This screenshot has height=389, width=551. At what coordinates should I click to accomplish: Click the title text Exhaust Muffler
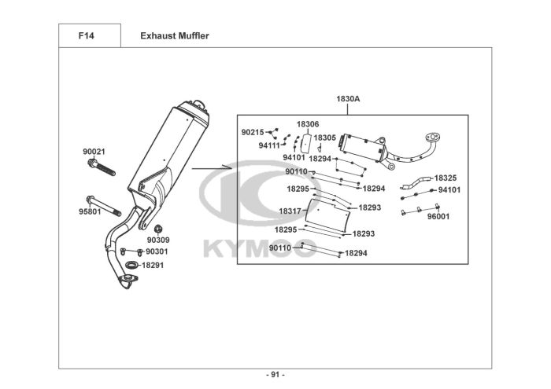[175, 36]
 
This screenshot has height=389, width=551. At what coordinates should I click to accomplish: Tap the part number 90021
[94, 151]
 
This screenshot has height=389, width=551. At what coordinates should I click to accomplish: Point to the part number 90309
[157, 240]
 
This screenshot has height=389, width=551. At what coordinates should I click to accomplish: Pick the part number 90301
[157, 251]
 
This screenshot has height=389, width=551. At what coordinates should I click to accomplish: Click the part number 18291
[153, 266]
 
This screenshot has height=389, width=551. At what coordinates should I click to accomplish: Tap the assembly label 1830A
[348, 100]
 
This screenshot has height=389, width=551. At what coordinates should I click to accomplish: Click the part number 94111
[269, 145]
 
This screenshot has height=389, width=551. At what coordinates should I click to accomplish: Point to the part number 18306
[308, 125]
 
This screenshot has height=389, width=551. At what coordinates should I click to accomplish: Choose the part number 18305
[324, 138]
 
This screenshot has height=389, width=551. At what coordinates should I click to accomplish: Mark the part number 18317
[290, 211]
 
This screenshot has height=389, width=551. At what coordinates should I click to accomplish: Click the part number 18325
[446, 178]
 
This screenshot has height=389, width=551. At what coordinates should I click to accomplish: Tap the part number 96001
[438, 216]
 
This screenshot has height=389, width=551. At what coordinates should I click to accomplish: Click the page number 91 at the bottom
[275, 374]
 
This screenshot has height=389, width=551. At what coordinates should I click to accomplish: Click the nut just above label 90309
[154, 229]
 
